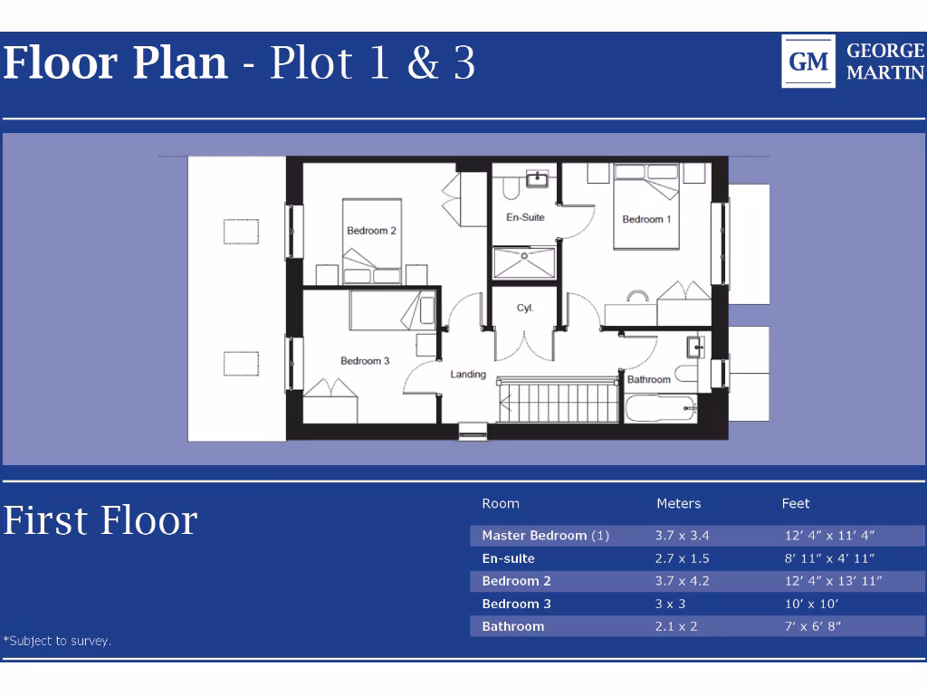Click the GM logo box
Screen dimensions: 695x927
pyautogui.click(x=808, y=62)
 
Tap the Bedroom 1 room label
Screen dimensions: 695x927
pyautogui.click(x=646, y=220)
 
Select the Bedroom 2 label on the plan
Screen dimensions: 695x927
pyautogui.click(x=371, y=231)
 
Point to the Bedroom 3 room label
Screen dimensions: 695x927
pyautogui.click(x=365, y=361)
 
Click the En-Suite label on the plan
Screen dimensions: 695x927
pyautogui.click(x=525, y=217)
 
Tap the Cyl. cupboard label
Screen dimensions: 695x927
pyautogui.click(x=525, y=309)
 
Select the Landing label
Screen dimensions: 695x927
pyautogui.click(x=468, y=375)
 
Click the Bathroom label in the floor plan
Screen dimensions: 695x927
pyautogui.click(x=648, y=380)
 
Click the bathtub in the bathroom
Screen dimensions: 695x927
pyautogui.click(x=660, y=409)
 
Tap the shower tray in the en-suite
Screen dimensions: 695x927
pyautogui.click(x=524, y=263)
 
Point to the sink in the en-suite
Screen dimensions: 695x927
pyautogui.click(x=537, y=178)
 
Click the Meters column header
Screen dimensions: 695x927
pyautogui.click(x=678, y=504)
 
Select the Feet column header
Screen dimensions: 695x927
pyautogui.click(x=796, y=504)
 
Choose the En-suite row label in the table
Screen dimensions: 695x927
pyautogui.click(x=508, y=558)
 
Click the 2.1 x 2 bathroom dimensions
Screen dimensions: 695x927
pyautogui.click(x=675, y=626)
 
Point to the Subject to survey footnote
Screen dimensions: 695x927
pyautogui.click(x=57, y=641)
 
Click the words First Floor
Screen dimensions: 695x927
pyautogui.click(x=100, y=521)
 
